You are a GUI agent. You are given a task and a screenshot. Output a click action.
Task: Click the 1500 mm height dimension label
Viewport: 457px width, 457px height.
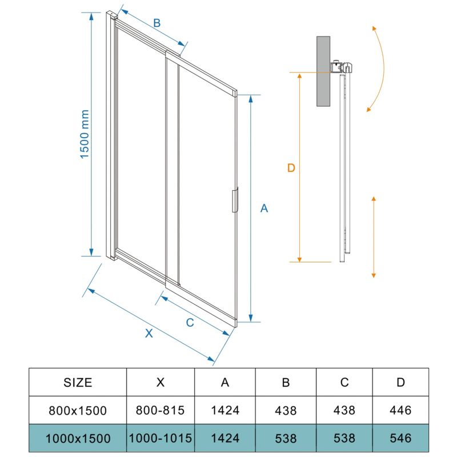click(85, 134)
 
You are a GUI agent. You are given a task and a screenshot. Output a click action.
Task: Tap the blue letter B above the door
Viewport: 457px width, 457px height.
click(157, 23)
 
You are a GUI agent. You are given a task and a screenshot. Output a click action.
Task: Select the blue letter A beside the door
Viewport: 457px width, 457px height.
click(264, 208)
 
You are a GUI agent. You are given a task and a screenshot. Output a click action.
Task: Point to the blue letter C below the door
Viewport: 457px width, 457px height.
click(190, 322)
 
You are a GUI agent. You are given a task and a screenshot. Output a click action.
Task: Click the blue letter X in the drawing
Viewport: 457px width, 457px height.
click(149, 333)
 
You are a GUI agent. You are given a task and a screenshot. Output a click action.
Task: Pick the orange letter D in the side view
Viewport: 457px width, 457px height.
click(291, 168)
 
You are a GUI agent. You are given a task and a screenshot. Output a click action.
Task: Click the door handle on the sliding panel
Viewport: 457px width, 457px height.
click(235, 200)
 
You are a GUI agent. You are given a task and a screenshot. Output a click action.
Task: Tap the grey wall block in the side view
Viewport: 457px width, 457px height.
click(323, 71)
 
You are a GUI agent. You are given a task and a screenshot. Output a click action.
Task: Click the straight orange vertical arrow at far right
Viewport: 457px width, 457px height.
click(374, 237)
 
